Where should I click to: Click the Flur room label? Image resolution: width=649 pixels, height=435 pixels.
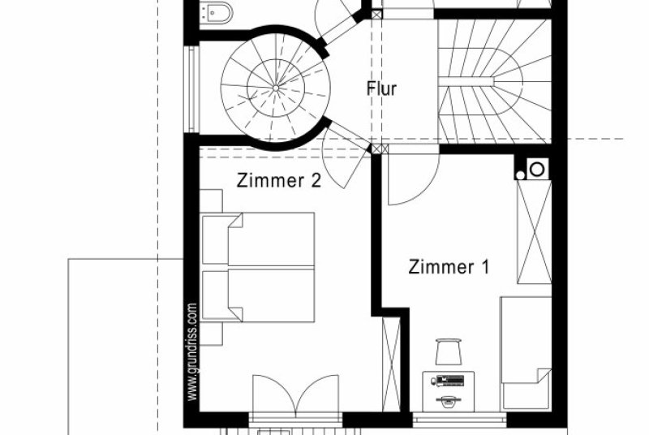381,88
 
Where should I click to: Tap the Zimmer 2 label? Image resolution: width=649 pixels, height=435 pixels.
278,180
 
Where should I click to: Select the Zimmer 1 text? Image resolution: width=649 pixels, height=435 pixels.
449,267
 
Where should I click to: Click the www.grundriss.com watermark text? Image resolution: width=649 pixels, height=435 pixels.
191,351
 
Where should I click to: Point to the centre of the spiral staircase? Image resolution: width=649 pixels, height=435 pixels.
276,88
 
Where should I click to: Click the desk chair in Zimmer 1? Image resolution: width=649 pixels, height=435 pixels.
449,351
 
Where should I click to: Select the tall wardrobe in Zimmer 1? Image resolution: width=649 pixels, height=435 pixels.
535,232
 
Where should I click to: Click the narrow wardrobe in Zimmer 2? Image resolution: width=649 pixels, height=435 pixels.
391,364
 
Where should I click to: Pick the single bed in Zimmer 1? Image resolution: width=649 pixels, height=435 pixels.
526,354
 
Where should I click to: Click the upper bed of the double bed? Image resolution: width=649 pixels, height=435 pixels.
258,239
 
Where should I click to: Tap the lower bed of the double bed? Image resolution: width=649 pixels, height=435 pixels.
258,295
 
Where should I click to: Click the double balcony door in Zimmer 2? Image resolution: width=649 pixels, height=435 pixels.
295,395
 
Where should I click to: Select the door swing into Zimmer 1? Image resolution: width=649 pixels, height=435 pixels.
413,179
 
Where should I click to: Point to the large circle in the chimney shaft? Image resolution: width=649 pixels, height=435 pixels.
537,170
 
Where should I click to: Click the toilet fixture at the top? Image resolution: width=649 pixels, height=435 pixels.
216,12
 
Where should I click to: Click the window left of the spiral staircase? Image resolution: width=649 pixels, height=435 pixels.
191,89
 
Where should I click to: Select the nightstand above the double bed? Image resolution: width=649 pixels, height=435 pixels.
212,201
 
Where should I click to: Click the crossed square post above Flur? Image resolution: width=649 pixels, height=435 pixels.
377,15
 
